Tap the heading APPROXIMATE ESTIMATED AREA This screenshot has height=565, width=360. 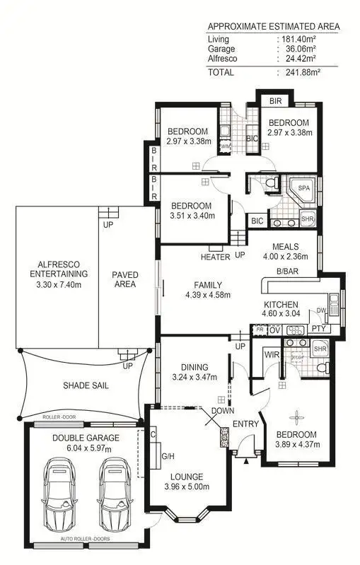point(273,27)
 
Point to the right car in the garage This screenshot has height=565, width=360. point(115,496)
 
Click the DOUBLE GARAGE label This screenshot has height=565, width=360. point(86,438)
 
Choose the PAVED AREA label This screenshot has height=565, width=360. point(125,279)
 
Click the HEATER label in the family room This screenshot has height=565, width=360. point(215,257)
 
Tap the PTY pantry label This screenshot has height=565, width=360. point(318,330)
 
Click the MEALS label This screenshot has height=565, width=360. point(287,247)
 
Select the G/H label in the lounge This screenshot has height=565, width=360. point(168,456)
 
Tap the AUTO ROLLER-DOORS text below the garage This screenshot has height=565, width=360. point(86,548)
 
